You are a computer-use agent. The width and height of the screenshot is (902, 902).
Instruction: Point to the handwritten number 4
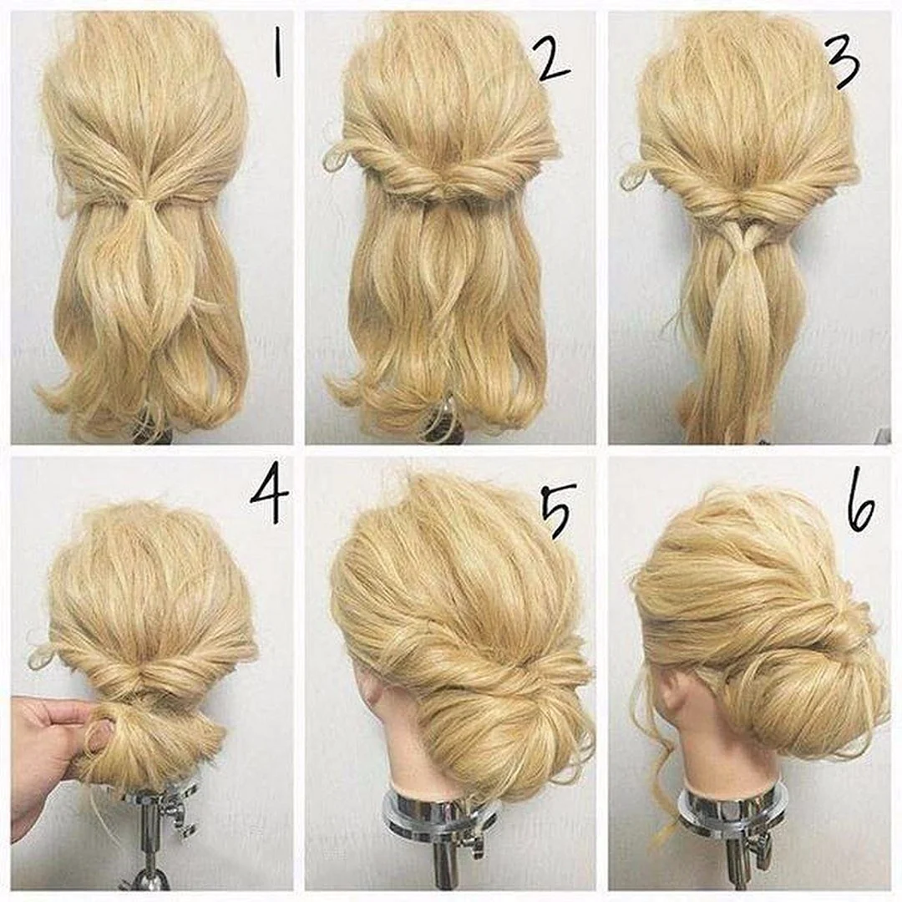[x=269, y=497]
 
